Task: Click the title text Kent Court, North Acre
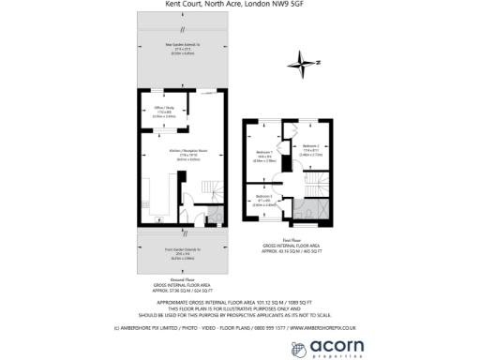tap(239, 5)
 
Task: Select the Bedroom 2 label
tap(311, 146)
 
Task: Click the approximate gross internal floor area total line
tap(239, 302)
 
